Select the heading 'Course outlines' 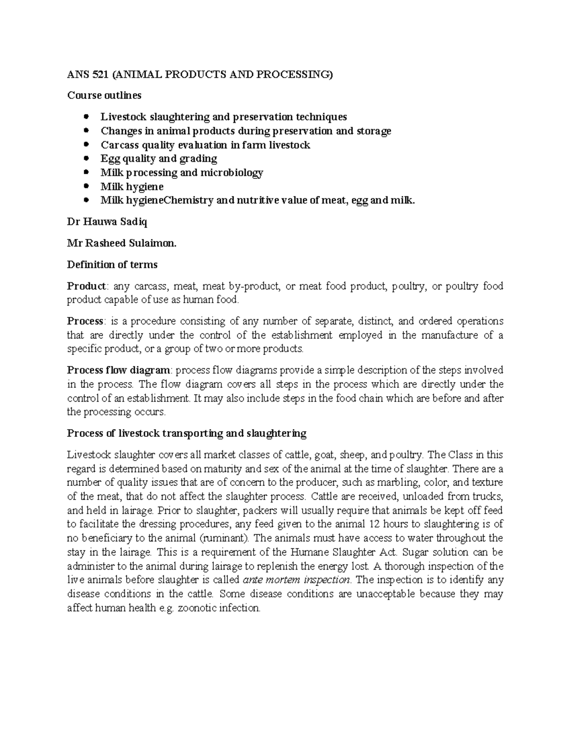(104, 95)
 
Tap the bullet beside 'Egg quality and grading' (86, 158)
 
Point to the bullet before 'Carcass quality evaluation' (86, 145)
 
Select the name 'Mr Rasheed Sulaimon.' (121, 243)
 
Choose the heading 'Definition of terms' (112, 264)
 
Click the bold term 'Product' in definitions (87, 286)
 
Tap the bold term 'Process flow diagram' (118, 370)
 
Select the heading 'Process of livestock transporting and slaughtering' (187, 434)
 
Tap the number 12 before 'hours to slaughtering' (375, 524)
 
